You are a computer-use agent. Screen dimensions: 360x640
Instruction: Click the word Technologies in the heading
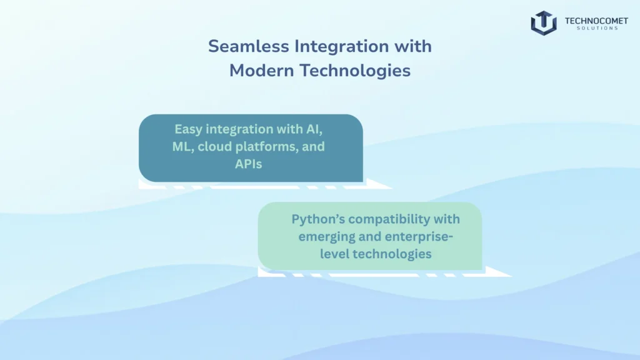pyautogui.click(x=355, y=71)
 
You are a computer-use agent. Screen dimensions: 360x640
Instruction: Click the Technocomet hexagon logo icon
pyautogui.click(x=543, y=23)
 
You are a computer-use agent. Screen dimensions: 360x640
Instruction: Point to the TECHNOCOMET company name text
pyautogui.click(x=596, y=21)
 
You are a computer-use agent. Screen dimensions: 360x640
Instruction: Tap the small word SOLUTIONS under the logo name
pyautogui.click(x=596, y=29)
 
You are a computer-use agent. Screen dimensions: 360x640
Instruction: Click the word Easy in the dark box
pyautogui.click(x=189, y=129)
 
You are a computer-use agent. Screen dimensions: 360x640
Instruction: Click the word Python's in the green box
pyautogui.click(x=319, y=219)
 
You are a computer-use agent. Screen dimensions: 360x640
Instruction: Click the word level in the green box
pyautogui.click(x=334, y=254)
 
